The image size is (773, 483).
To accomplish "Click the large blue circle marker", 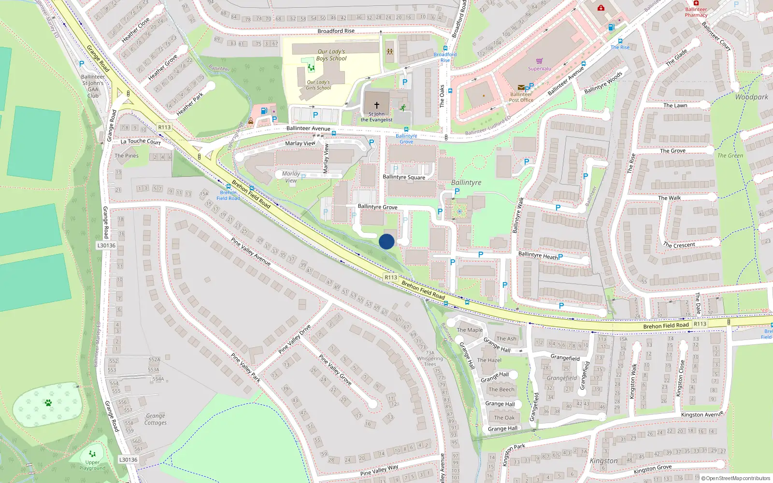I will point(386,241).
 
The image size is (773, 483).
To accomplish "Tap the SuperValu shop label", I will point(539,69).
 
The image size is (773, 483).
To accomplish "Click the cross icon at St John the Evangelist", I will point(377,105).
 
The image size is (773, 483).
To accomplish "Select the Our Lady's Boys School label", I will point(331,55).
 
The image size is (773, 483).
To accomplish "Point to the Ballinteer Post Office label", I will point(521,98).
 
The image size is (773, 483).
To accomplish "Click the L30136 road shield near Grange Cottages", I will point(129,460).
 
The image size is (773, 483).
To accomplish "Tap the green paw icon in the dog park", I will point(48,402).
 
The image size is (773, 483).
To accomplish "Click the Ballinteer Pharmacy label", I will point(696,12).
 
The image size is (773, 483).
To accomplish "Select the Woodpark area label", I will point(751,97).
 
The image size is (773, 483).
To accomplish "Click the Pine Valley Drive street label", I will point(295,339).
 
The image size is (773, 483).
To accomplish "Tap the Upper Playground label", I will point(92,465).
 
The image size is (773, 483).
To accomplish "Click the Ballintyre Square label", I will point(404,177).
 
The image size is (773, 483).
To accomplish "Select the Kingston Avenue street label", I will point(702,414).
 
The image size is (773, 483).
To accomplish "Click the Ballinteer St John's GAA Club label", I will point(93,86).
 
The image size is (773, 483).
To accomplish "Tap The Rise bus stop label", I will point(620,47).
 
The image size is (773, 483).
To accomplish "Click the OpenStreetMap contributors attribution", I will point(735,478).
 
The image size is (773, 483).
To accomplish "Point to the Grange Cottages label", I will point(156,419).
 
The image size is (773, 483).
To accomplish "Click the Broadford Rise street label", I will point(336,31).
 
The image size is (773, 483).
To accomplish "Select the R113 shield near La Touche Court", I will point(164,128).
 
